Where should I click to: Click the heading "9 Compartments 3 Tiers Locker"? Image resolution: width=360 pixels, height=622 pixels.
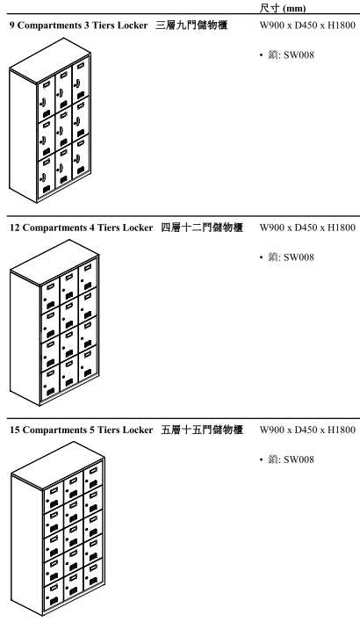click(x=78, y=25)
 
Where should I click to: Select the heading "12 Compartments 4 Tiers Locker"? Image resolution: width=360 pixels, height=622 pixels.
click(x=82, y=228)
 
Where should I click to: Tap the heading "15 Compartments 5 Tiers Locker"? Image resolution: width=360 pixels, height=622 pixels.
click(x=82, y=430)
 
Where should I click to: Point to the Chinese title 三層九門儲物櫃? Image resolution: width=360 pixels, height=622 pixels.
click(x=191, y=25)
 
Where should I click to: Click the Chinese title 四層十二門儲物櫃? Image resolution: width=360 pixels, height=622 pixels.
click(x=202, y=228)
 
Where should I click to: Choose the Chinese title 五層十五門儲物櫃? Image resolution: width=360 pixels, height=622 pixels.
click(x=202, y=430)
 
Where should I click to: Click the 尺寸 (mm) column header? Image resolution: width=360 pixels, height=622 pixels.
click(x=283, y=8)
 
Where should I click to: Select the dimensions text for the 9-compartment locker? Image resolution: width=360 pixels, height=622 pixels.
click(x=307, y=25)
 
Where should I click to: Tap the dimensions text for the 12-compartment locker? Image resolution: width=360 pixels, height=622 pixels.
click(x=307, y=228)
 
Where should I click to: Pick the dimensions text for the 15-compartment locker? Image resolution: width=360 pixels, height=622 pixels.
click(x=307, y=430)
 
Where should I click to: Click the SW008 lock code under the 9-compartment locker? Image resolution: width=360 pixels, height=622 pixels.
click(x=299, y=55)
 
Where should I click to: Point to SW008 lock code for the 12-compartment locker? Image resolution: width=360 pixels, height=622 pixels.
click(x=299, y=257)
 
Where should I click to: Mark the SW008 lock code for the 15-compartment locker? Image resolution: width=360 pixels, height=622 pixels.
click(x=299, y=459)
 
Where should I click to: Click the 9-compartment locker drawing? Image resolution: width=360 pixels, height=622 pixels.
click(x=50, y=120)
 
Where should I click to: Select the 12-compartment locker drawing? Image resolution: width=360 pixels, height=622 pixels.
click(x=54, y=323)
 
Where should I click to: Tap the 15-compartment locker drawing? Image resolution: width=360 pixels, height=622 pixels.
click(x=58, y=529)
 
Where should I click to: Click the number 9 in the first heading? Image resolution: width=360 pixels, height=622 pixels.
click(x=12, y=25)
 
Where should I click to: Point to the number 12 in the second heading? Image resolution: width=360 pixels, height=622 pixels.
click(x=15, y=228)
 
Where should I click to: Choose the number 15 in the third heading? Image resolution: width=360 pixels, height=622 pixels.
click(x=15, y=430)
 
